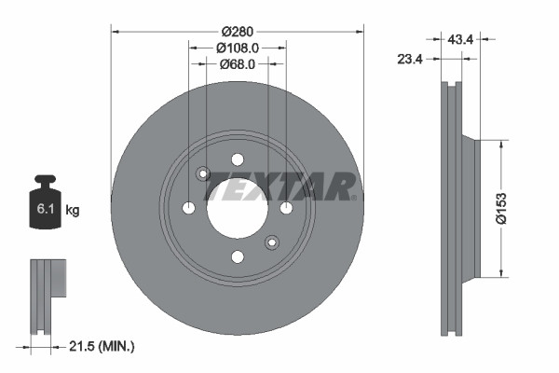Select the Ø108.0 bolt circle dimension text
[x=237, y=47]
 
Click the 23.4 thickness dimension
[x=410, y=59]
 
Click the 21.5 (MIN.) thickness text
[x=102, y=346]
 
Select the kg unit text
[x=73, y=211]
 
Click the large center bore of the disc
[x=237, y=207]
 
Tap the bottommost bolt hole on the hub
[x=237, y=256]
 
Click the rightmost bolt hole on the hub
[x=286, y=207]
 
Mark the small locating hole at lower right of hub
[x=271, y=242]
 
